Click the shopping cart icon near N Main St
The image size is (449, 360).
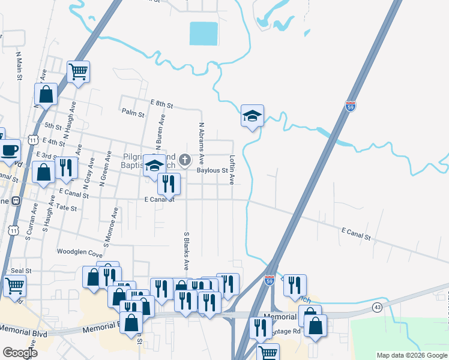click(79, 73)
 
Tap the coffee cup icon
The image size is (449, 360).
click(8, 150)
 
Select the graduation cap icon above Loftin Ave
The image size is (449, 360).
click(253, 115)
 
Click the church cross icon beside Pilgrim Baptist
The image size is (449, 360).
click(185, 160)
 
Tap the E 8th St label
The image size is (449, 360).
click(162, 104)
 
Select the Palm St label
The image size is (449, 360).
click(133, 112)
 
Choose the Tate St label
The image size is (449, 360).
click(67, 208)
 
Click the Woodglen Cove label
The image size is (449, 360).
click(79, 253)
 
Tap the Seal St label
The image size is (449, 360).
click(20, 271)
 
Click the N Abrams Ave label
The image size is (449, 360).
click(202, 143)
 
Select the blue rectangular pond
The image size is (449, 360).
click(203, 34)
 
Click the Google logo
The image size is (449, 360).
click(20, 353)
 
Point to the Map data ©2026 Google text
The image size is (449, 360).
click(412, 355)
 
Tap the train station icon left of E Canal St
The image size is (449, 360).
click(16, 201)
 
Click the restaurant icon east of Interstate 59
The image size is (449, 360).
click(295, 286)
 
